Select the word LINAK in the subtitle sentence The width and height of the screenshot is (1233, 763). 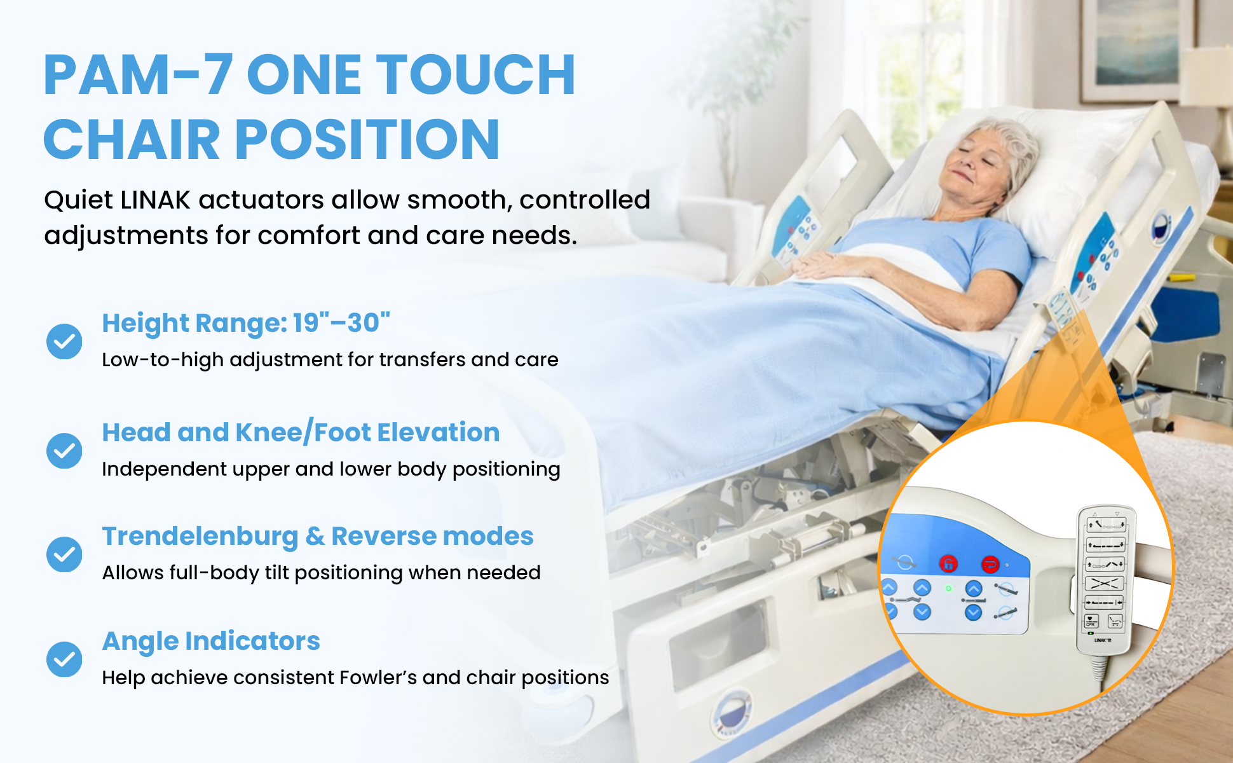(x=155, y=200)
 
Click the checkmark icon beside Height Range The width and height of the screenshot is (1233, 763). (x=64, y=341)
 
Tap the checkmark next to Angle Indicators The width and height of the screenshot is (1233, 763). (x=64, y=659)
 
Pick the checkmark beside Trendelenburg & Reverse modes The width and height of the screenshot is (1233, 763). (x=64, y=554)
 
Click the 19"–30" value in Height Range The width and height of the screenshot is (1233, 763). (x=341, y=323)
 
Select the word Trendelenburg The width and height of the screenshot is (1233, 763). (x=200, y=537)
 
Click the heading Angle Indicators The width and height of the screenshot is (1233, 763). (x=211, y=642)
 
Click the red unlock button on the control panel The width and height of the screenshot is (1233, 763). (x=948, y=563)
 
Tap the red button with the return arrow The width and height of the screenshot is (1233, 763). (x=990, y=564)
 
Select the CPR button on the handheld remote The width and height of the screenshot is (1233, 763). (x=1091, y=621)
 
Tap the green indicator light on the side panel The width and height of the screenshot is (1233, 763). (x=948, y=589)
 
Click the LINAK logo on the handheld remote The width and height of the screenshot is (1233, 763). (x=1102, y=640)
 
